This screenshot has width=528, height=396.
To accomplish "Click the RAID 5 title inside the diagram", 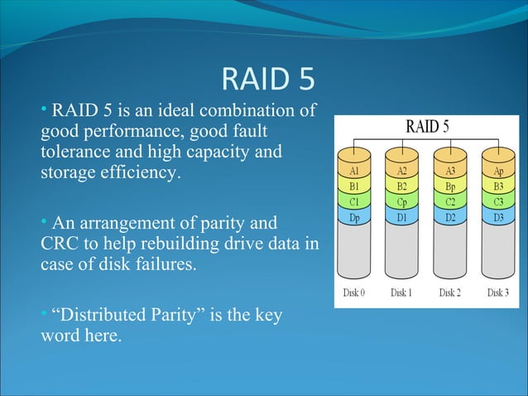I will (x=426, y=128).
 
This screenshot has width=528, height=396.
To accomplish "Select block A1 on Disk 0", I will (x=353, y=171).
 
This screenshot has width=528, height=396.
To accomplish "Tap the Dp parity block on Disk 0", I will (x=353, y=217).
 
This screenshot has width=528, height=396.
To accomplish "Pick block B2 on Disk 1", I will (x=401, y=186).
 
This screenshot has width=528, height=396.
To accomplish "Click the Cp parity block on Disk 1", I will (x=401, y=202).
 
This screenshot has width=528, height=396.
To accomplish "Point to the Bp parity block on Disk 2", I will (x=450, y=186).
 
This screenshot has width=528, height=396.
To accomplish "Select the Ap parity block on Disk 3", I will (x=497, y=171).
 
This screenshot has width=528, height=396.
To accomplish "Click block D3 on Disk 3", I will (x=497, y=217).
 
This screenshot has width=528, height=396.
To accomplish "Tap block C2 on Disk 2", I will (x=450, y=202).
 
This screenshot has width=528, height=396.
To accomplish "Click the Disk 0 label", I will (x=353, y=292).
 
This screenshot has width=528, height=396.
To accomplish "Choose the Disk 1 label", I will (x=401, y=292).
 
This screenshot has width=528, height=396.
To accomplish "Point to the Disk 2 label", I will (x=450, y=292).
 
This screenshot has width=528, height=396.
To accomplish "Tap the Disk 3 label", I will (x=497, y=292).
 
